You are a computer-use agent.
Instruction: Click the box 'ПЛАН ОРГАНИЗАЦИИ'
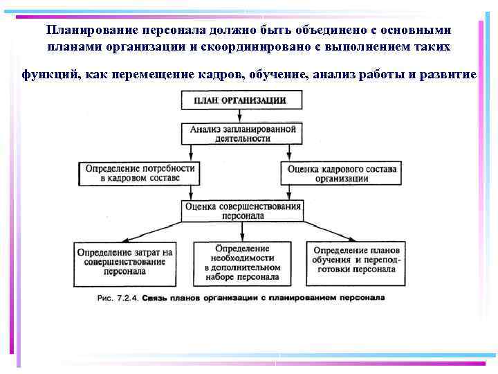[x=241, y=101]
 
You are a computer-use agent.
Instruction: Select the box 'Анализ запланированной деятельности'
[x=242, y=134]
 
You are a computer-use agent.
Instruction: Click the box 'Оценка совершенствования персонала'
[x=242, y=211]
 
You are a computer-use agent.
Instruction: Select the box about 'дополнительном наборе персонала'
[x=242, y=262]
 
